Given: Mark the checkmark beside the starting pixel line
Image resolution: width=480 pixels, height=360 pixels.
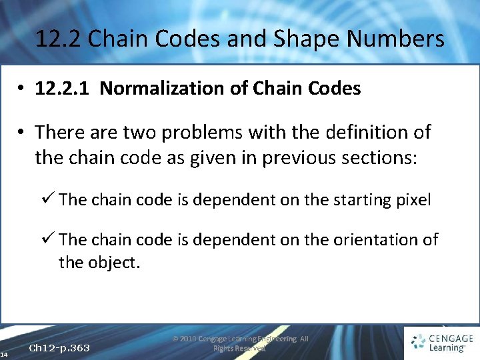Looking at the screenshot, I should tap(50, 199).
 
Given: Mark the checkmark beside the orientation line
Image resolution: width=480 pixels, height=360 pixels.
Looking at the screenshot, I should tap(50, 239).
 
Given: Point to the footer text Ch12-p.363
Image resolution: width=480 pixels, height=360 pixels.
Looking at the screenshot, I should tap(60, 348).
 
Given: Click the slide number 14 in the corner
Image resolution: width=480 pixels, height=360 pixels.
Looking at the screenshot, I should tap(4, 354).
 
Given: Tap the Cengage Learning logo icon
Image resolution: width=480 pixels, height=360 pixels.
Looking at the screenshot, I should tap(419, 342).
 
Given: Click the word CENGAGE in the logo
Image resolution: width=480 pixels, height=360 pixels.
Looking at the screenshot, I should tap(450, 338).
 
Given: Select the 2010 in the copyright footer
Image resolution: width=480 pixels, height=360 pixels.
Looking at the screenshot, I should tap(189, 339).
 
